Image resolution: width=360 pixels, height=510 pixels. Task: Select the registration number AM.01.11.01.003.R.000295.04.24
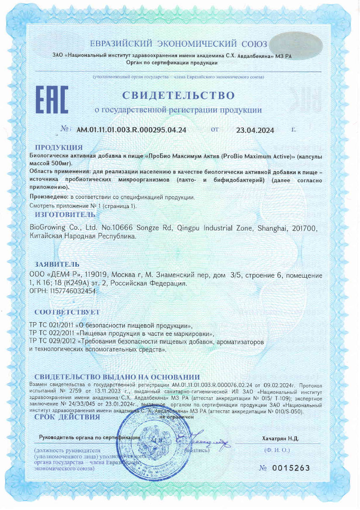click(131, 130)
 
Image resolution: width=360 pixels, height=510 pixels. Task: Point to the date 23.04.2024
click(255, 130)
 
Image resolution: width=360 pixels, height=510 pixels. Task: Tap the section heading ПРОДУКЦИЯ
click(58, 148)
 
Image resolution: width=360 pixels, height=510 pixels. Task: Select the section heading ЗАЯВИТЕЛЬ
click(57, 265)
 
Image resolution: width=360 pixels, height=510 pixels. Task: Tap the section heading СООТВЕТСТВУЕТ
click(67, 312)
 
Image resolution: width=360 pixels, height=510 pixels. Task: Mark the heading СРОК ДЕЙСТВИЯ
click(67, 417)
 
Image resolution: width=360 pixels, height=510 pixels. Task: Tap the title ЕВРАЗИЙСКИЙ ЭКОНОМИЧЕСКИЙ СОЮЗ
click(179, 44)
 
